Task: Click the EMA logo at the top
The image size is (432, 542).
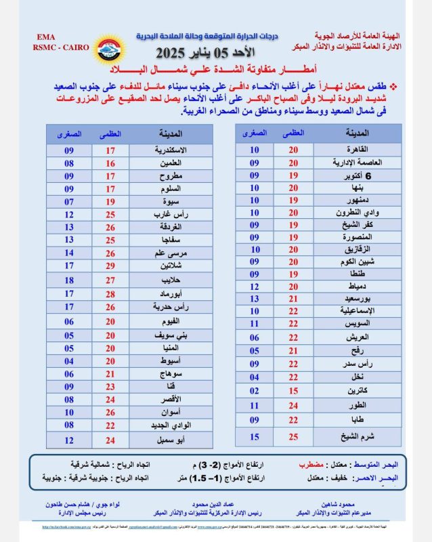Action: pyautogui.click(x=108, y=49)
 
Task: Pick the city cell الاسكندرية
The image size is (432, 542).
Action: pyautogui.click(x=165, y=150)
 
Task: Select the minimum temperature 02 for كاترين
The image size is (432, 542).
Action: pyautogui.click(x=255, y=391)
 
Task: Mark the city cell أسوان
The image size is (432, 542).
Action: pyautogui.click(x=165, y=412)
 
